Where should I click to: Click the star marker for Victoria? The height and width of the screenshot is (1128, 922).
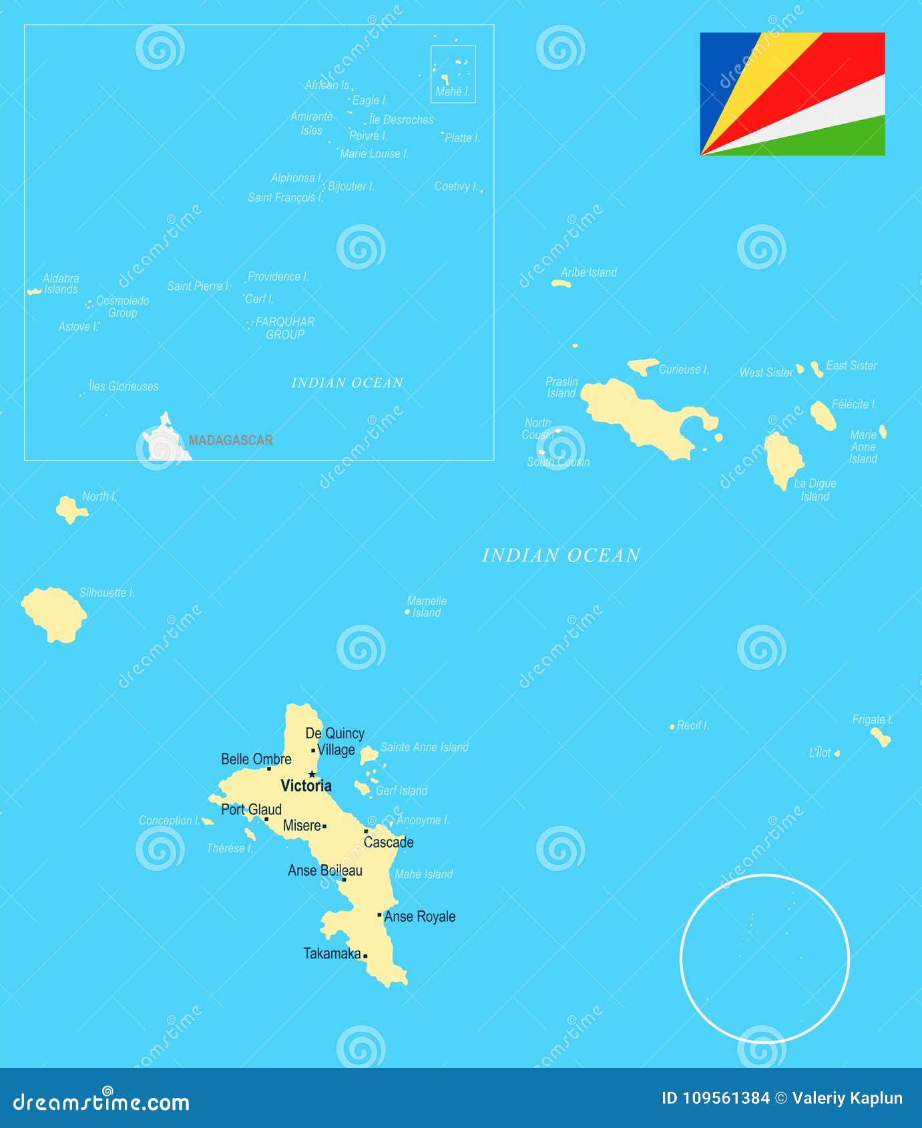(312, 774)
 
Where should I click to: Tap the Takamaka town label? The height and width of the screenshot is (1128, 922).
(332, 954)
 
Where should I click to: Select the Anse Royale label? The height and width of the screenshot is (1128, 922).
(420, 917)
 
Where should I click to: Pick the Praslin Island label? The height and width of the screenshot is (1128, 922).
(561, 387)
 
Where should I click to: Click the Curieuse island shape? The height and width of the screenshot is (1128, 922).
(643, 366)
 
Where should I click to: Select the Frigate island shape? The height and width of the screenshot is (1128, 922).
(881, 737)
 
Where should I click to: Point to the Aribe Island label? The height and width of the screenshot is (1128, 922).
(588, 272)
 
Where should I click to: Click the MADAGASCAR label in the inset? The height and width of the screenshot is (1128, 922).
(230, 441)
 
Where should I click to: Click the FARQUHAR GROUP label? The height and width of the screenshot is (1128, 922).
(285, 328)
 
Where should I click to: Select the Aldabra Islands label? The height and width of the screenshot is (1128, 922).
(61, 284)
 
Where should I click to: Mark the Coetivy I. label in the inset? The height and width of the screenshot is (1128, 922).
(456, 186)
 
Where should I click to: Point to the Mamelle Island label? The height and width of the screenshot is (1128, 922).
(427, 607)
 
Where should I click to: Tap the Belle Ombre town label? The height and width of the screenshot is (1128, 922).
(256, 759)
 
